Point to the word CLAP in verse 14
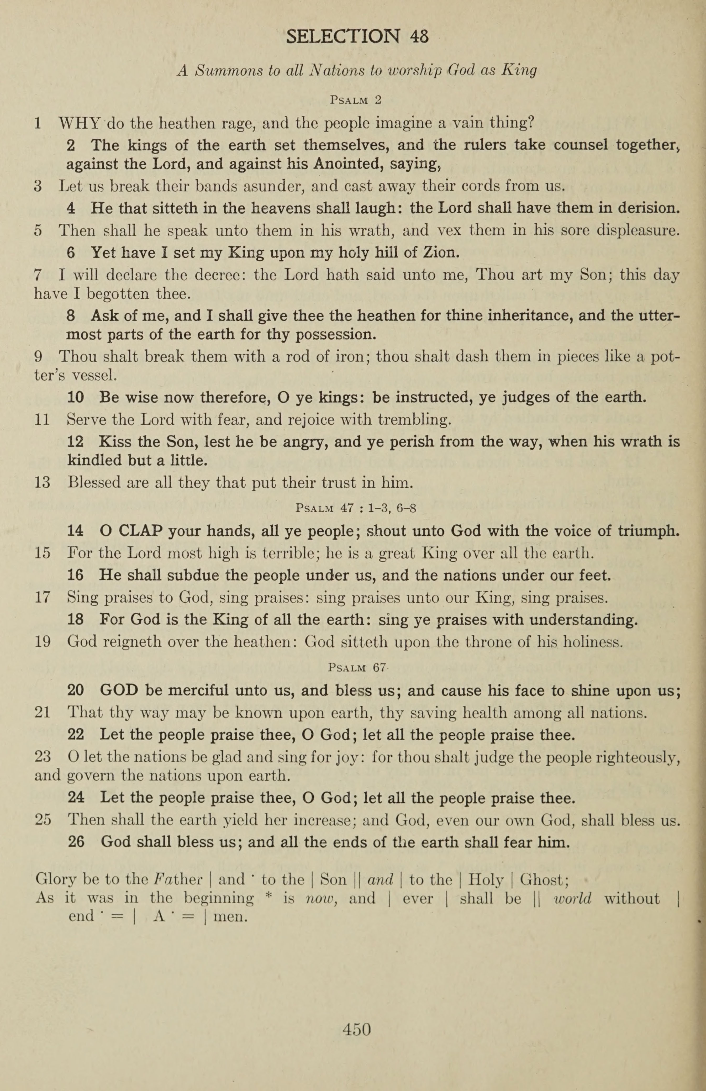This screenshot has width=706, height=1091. pyautogui.click(x=140, y=531)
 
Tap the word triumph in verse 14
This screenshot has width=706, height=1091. pyautogui.click(x=648, y=531)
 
